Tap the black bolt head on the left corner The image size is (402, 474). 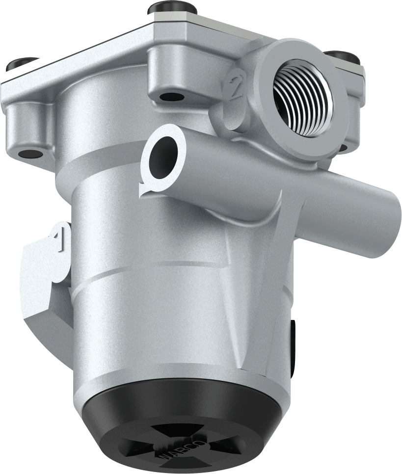point(22,63)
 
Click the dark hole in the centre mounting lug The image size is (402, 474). point(172,97)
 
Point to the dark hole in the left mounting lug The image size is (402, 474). point(30,154)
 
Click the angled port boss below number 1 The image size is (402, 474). point(47,294)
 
